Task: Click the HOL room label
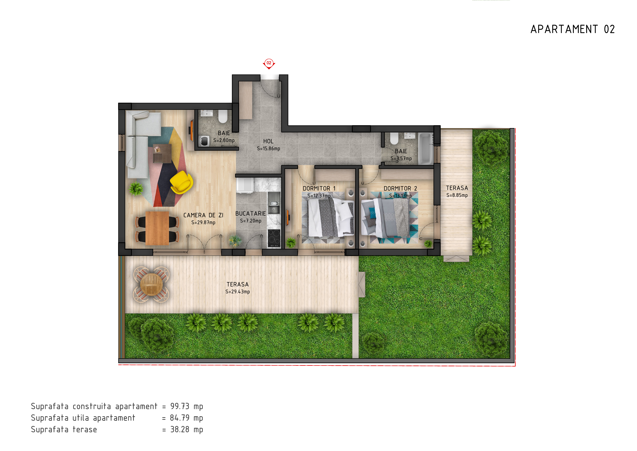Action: tap(268, 141)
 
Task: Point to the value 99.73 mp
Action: tap(187, 406)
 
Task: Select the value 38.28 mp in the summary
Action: tap(187, 429)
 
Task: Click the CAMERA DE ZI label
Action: tap(203, 215)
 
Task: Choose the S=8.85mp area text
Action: tap(457, 195)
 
